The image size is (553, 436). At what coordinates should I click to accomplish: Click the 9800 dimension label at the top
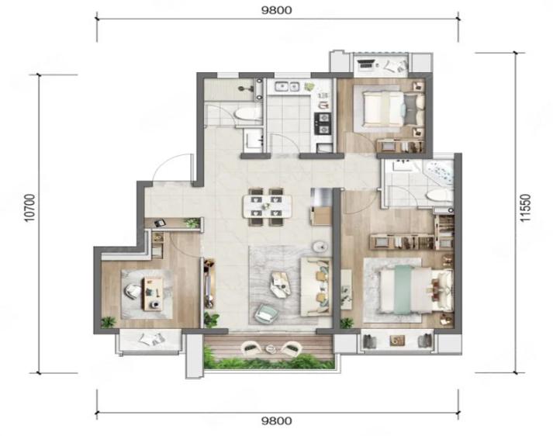coord(276,10)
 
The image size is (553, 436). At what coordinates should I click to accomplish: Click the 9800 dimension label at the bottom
coord(276,420)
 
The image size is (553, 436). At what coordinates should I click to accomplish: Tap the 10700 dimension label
coord(31,208)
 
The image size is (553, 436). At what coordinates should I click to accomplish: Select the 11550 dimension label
coord(525,208)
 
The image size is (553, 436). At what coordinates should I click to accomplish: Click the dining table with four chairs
coord(267,207)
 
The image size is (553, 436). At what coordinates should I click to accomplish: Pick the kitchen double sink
coord(287,86)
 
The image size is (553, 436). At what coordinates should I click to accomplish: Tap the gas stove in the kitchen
coord(323,123)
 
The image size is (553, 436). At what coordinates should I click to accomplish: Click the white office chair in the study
coord(133,292)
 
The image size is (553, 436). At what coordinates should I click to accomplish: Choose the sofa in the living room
coord(316,287)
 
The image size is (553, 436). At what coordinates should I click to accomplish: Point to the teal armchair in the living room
coord(264,313)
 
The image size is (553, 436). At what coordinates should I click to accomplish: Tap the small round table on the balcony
coord(271,349)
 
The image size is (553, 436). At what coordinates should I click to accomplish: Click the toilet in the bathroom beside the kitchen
coord(248,113)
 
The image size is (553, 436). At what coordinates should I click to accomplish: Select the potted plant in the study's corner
coord(108,322)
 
